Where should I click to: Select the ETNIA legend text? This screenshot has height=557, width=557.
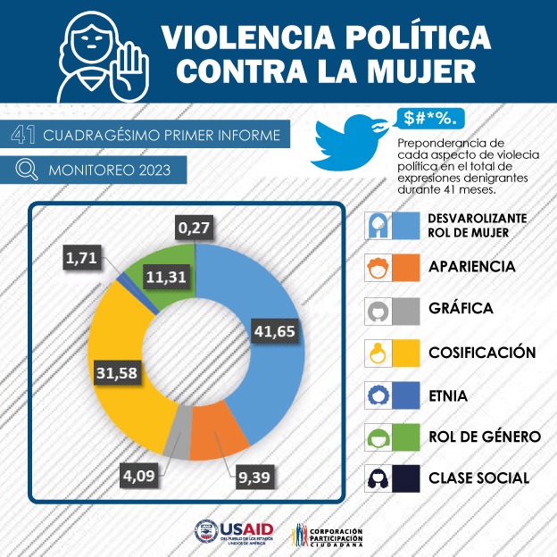click(446, 395)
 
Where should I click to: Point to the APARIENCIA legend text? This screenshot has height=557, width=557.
click(472, 266)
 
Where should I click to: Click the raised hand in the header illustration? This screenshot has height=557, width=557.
click(131, 62)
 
